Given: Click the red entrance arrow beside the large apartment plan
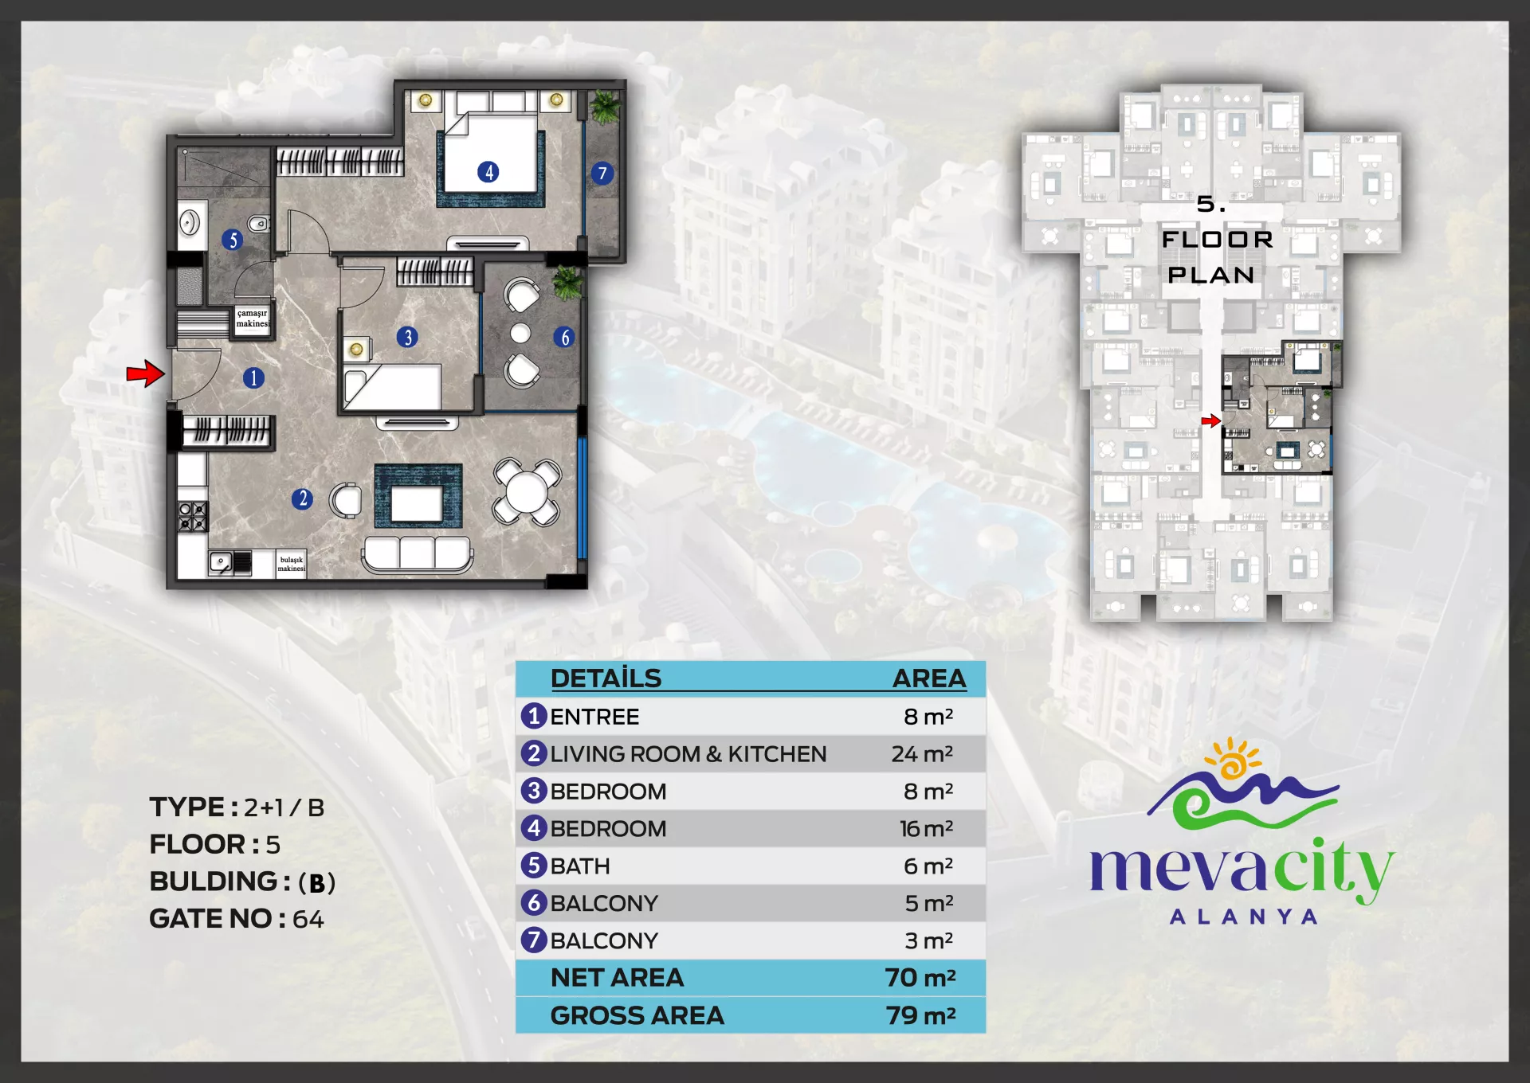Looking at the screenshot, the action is coord(146,373).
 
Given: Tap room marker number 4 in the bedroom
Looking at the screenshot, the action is coord(488,172).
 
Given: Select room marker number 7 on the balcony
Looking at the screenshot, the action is coord(602,174).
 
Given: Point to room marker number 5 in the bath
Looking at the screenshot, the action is coord(233,240).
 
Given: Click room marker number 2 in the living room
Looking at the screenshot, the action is coord(302,499).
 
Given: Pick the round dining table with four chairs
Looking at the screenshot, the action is coord(527,491).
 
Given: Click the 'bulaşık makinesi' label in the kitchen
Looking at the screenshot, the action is coord(292,564).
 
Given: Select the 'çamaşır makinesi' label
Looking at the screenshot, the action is coord(253,319).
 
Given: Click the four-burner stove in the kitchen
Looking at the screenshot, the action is coord(193,516).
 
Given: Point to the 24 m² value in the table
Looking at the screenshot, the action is coord(922,753).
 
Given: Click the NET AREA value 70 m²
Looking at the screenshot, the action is coord(920,977).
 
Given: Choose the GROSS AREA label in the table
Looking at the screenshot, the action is coord(637,1015).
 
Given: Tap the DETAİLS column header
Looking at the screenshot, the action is coord(606,678).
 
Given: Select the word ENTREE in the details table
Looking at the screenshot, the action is coord(594,717).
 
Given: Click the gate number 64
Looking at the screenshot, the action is coord(308,919).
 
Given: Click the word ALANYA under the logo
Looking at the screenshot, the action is coord(1243,917).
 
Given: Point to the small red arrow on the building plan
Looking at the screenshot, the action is coord(1211,420).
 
